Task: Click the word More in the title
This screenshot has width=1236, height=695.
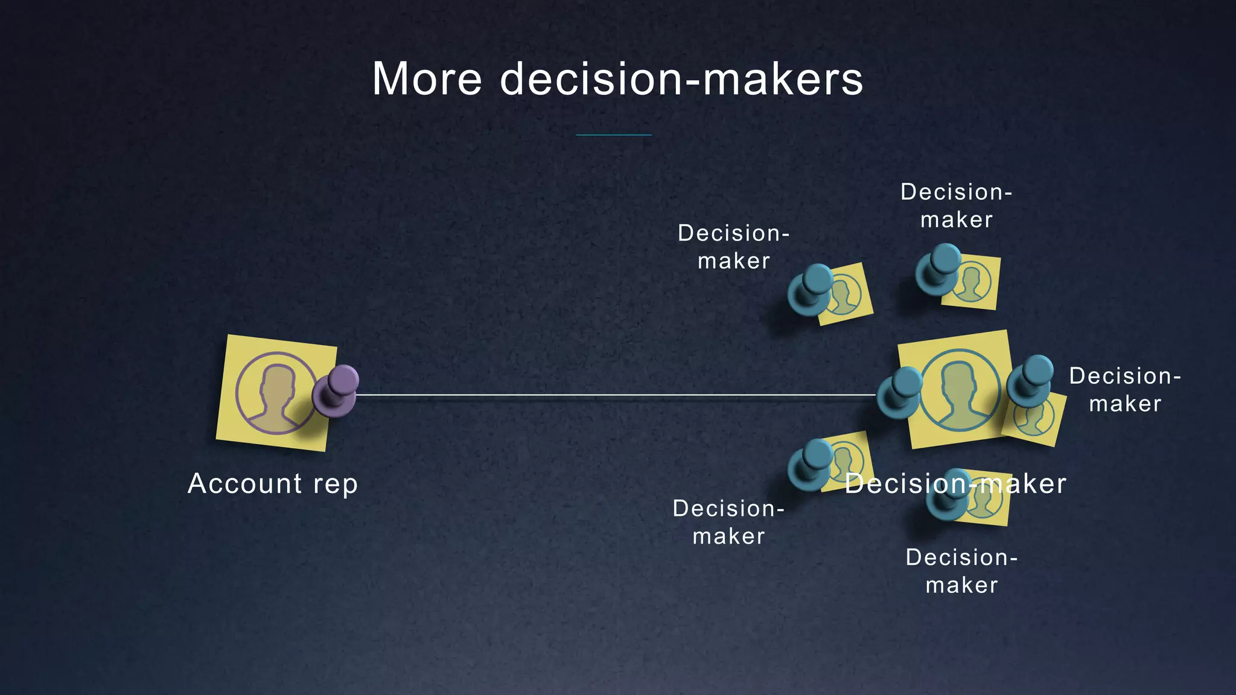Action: pos(427,79)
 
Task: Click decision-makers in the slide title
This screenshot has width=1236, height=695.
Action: pos(681,79)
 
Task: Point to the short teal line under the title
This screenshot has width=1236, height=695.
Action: pos(614,135)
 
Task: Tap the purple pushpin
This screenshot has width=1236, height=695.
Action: pos(336,391)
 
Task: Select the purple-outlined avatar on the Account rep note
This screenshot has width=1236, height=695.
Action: pos(275,393)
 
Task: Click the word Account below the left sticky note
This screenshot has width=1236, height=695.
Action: pos(244,483)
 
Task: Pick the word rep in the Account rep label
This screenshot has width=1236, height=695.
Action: pos(335,484)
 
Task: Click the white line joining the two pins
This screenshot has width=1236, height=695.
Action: pos(616,395)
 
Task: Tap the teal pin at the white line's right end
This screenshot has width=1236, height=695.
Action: pos(899,394)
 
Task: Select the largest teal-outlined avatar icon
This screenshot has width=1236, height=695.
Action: pos(960,390)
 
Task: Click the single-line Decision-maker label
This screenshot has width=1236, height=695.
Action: pos(955,484)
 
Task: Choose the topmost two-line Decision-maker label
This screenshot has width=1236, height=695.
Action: pos(956,206)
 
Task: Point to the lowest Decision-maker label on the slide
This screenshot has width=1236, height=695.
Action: pos(961,571)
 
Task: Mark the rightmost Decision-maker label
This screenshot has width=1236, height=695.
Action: pos(1125,390)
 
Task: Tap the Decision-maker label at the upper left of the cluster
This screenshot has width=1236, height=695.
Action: pos(733,247)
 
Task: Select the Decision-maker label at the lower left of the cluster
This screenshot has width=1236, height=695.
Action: pos(728,522)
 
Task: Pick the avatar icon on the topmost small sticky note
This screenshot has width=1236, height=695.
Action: pos(971,282)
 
